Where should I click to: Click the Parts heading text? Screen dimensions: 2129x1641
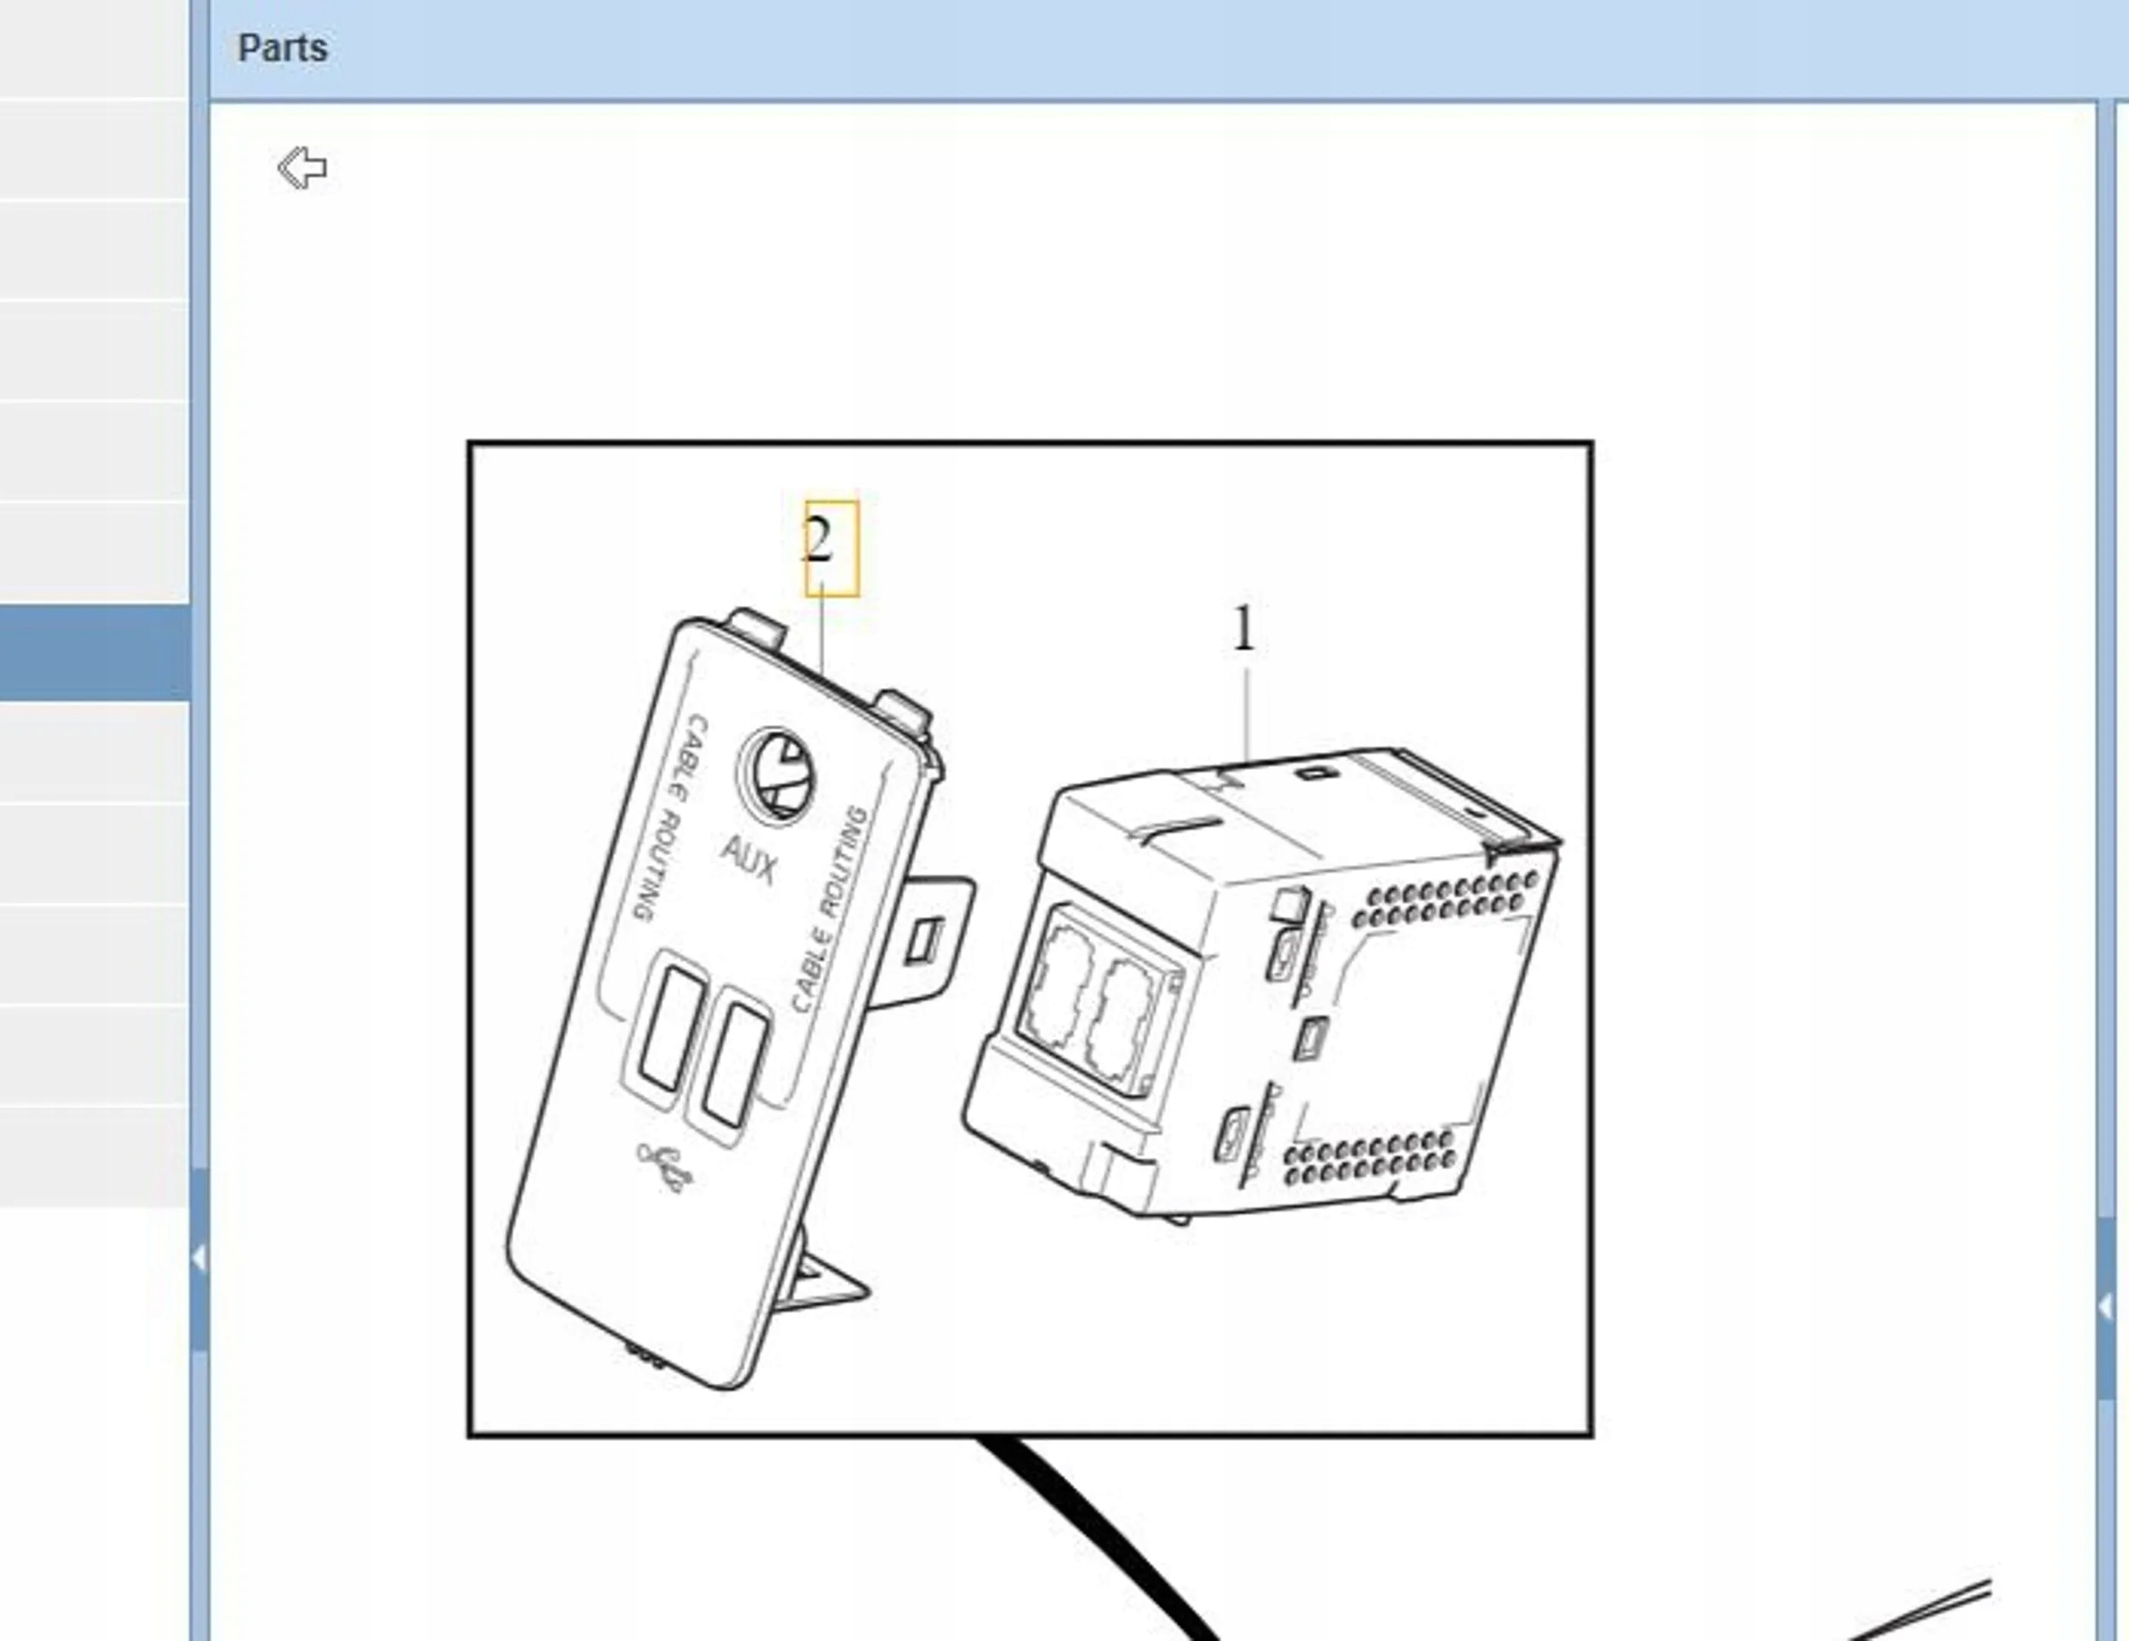point(283,48)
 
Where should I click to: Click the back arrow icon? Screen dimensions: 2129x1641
point(302,168)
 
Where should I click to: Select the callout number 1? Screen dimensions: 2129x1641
point(1244,629)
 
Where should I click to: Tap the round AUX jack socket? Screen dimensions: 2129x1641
point(777,774)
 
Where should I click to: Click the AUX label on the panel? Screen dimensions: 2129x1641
point(749,860)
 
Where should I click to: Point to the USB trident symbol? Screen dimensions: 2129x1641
point(666,1166)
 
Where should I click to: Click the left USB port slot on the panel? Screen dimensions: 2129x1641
point(671,1029)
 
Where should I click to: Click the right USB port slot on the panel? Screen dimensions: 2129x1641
point(736,1067)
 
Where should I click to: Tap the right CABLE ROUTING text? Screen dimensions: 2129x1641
point(828,909)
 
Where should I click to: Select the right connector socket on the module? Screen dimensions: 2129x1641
point(1126,1024)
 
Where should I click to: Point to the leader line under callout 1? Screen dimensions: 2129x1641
point(1247,713)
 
